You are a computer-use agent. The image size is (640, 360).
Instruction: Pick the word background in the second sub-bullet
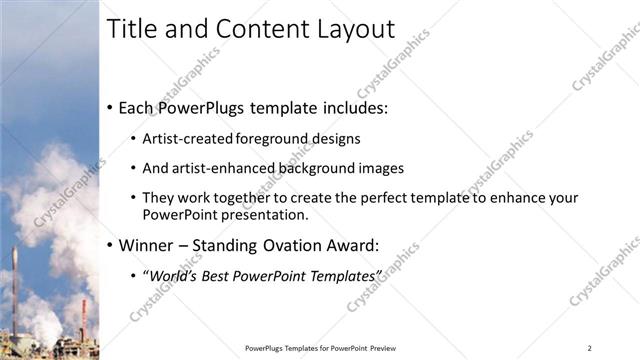click(x=321, y=168)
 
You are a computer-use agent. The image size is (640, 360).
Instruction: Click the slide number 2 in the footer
click(x=590, y=347)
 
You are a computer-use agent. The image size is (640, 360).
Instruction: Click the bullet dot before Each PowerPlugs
click(x=110, y=107)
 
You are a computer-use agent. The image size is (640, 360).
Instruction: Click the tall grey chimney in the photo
click(x=14, y=290)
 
